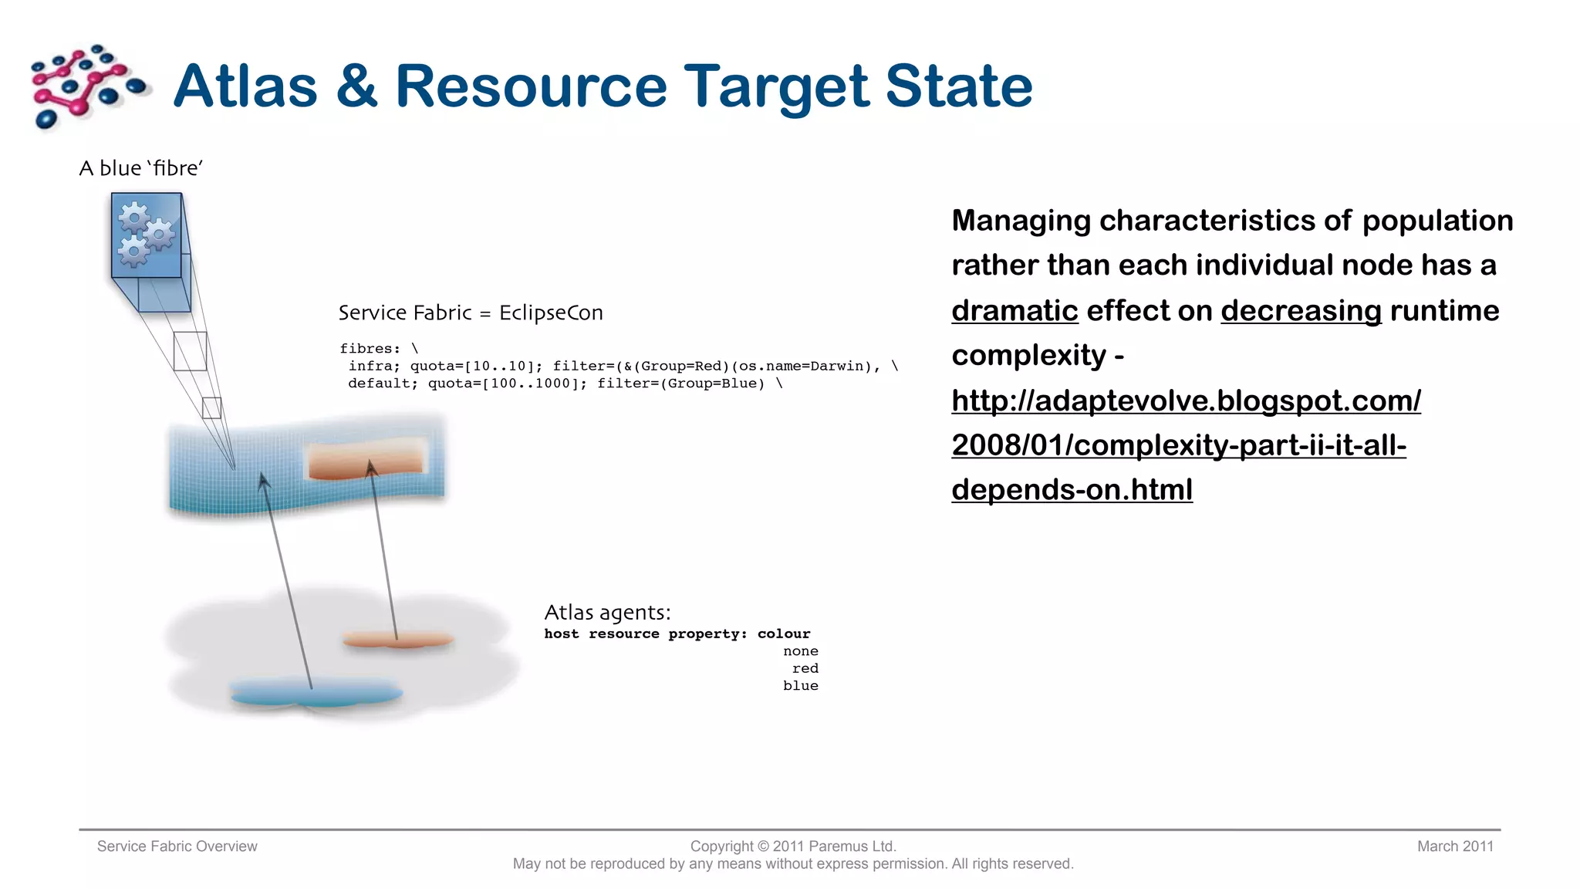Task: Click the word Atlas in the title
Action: (245, 86)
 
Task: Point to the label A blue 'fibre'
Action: (140, 168)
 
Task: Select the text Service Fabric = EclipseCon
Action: (471, 313)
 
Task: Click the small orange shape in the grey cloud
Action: (397, 640)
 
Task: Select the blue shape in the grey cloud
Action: (316, 692)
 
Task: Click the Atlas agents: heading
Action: (607, 613)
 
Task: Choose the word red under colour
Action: (805, 668)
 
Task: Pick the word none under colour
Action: (800, 651)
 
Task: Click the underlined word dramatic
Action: (1014, 310)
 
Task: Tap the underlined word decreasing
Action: (1301, 310)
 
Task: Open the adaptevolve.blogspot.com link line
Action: (1186, 401)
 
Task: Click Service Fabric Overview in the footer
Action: (177, 847)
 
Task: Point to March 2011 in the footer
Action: (1454, 847)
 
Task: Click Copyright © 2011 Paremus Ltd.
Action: (792, 847)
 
